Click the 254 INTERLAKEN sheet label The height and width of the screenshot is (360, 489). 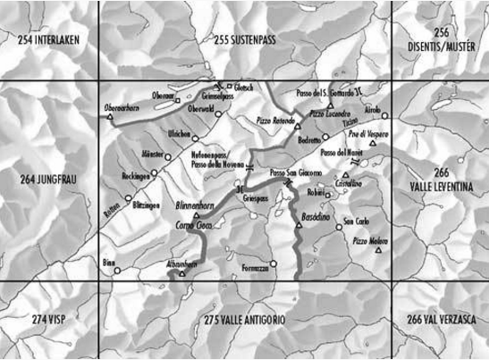[x=51, y=39]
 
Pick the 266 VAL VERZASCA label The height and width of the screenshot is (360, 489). [x=440, y=320]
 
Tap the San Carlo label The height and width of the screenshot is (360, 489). [x=356, y=220]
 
